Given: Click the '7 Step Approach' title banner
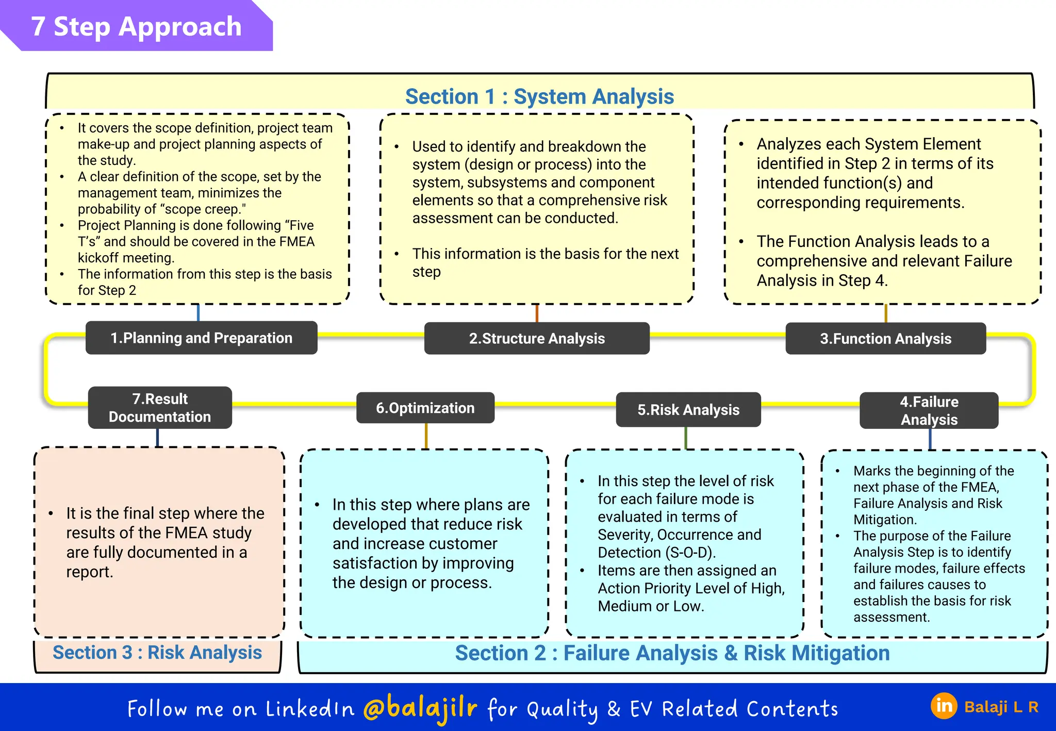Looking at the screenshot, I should pos(136,26).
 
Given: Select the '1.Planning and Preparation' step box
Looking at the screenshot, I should pos(201,338).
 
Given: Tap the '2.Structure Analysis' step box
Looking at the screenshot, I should pos(537,338).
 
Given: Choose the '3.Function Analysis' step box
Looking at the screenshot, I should pos(885,338).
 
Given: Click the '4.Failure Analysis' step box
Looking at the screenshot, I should pos(929,410).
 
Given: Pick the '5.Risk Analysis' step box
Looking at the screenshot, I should pos(688,410).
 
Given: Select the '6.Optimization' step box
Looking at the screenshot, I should pos(425,408).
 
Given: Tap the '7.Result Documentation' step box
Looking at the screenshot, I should pos(160,407).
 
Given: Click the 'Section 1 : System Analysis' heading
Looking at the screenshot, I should pos(539,96).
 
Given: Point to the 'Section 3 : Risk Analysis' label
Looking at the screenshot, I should pos(157,653).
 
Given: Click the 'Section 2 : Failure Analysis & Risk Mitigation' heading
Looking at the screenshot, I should pos(672,653).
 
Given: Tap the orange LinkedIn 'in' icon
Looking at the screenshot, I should pos(944,706).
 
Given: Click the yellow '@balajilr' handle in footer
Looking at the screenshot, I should pos(420,708).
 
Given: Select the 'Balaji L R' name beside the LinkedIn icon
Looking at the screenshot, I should pos(1001,707).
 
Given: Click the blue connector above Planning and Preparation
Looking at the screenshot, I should pos(199,312).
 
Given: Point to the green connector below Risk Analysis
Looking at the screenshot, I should pos(686,438).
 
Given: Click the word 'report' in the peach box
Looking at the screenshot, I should pos(89,572).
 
